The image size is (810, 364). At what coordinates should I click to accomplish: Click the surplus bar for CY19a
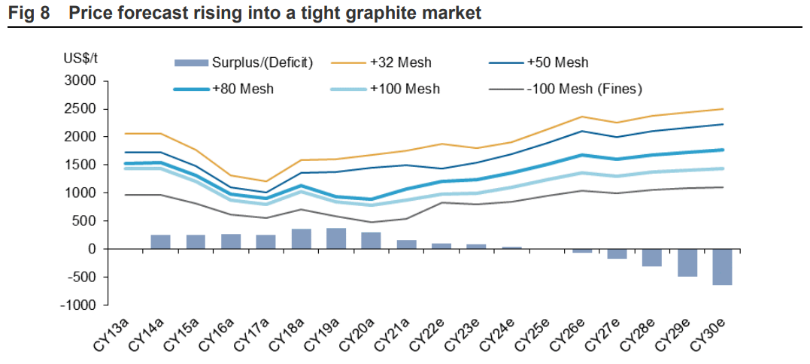click(336, 238)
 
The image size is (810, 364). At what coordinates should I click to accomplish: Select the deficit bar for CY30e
click(722, 267)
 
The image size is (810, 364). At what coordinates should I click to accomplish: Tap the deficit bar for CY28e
click(652, 257)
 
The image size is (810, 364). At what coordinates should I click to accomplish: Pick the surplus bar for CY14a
click(160, 241)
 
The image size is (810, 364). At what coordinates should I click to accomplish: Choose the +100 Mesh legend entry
click(405, 89)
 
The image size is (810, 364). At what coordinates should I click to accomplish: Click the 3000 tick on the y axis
click(83, 81)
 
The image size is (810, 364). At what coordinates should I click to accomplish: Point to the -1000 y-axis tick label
click(80, 305)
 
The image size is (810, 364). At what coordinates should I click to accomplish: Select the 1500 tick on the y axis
click(83, 165)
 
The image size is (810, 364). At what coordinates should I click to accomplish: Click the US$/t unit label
click(75, 58)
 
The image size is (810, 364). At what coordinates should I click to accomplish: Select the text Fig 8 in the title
click(28, 13)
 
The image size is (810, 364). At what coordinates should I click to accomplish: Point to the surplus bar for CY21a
click(406, 244)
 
